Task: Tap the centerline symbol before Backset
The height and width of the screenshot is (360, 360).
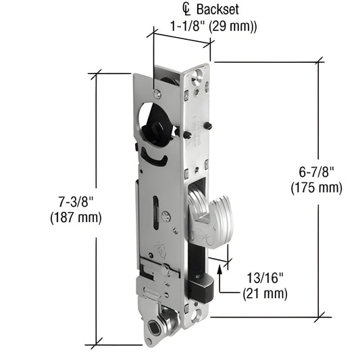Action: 187,9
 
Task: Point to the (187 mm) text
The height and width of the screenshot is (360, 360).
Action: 76,217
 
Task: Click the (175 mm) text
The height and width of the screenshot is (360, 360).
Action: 317,188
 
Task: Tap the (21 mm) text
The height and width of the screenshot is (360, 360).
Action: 265,294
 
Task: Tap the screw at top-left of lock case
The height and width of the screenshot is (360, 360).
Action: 157,95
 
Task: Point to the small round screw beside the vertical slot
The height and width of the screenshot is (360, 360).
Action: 166,217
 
